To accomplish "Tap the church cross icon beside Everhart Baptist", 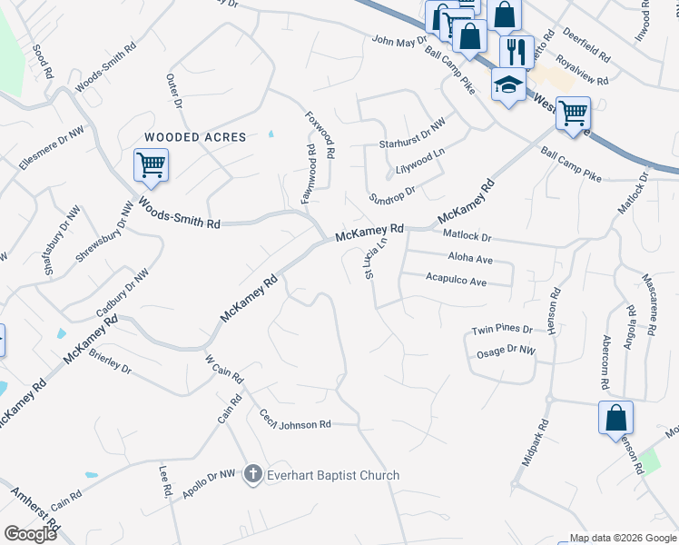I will point(253,474).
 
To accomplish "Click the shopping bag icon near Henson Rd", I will point(615,419).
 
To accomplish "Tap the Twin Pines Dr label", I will point(500,330).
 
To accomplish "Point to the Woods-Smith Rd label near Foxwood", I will point(179,213).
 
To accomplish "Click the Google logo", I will point(30,533).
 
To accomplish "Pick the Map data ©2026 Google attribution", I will point(622,538).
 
